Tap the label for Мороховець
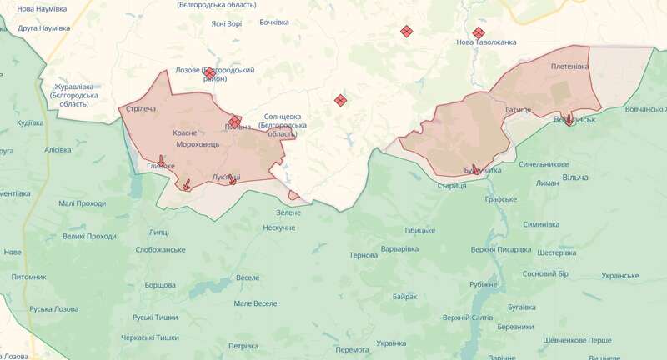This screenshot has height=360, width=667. point(197,145)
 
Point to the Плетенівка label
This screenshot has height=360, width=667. point(569,66)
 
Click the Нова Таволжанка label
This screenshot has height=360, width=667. point(486,42)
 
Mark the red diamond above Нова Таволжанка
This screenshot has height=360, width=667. point(478,33)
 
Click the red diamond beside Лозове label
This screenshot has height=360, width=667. point(210,73)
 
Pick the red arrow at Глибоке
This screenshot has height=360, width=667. point(162,159)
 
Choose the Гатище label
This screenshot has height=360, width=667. point(518,109)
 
